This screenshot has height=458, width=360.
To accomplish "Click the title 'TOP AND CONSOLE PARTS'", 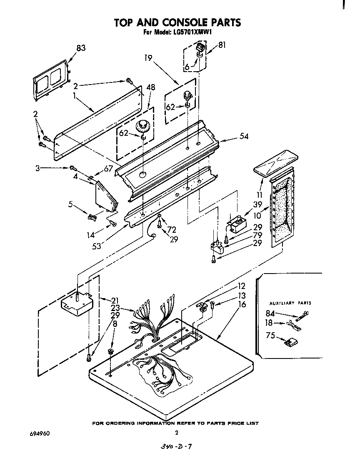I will [x=177, y=22].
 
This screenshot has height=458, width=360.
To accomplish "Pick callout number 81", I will [x=222, y=45].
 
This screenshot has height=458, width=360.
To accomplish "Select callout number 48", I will [x=151, y=87].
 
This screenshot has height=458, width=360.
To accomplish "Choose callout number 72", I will [x=172, y=229].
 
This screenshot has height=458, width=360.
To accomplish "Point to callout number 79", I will [x=257, y=235].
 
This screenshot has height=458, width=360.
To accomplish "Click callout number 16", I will [x=242, y=304].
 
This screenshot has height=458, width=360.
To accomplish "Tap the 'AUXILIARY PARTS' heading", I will [x=290, y=303].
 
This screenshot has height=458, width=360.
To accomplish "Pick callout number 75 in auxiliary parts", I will [x=270, y=336].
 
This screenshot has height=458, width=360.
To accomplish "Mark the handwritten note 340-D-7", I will [x=177, y=447].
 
